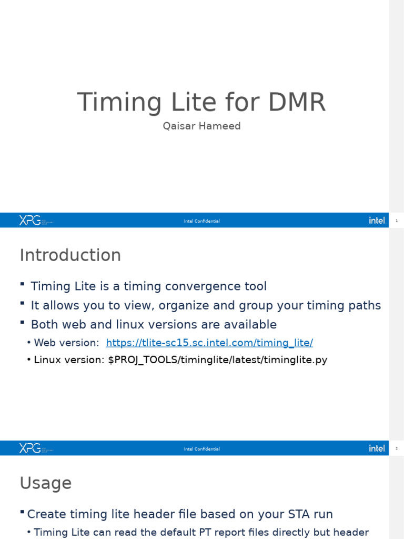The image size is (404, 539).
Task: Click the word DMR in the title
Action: click(297, 102)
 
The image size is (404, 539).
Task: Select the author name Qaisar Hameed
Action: click(201, 126)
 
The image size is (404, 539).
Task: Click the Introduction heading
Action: click(70, 255)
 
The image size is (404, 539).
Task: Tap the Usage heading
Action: click(46, 483)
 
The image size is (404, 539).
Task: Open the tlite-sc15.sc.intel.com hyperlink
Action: click(209, 343)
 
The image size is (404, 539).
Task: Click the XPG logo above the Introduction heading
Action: click(30, 221)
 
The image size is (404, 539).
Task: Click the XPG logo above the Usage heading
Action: click(30, 448)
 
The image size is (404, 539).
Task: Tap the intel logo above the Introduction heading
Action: click(377, 221)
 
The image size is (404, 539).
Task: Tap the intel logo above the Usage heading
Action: click(377, 448)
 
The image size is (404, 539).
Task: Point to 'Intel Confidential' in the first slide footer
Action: click(201, 221)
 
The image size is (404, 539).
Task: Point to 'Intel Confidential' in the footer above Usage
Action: click(201, 449)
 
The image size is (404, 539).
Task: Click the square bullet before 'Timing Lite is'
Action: click(23, 284)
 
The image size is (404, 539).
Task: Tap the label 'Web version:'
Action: click(66, 343)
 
